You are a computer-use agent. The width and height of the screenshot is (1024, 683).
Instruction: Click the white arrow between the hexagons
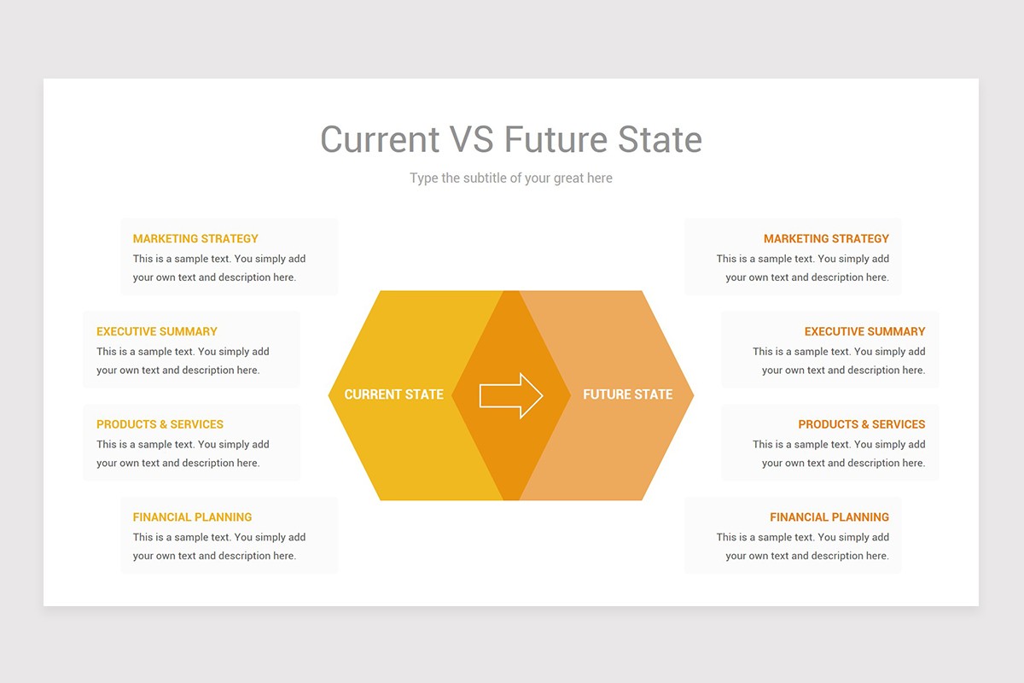click(x=511, y=395)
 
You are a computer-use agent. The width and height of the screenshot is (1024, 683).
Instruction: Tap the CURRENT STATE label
click(x=393, y=394)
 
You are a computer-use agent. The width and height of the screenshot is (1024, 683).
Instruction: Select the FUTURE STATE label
click(x=627, y=394)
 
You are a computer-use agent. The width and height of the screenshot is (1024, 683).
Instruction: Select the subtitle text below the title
click(x=510, y=178)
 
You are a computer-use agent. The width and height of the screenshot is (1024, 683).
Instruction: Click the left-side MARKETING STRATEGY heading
click(x=195, y=239)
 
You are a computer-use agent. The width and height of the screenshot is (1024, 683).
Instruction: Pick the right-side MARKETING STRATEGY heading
click(x=826, y=239)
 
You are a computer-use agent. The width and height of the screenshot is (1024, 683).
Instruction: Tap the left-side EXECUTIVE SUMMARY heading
click(x=157, y=331)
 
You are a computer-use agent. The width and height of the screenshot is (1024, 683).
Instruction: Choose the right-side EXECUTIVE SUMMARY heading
click(x=864, y=331)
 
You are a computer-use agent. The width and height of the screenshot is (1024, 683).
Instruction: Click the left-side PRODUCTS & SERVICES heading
click(x=160, y=424)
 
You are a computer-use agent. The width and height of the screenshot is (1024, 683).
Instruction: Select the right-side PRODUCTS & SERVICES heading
click(x=861, y=424)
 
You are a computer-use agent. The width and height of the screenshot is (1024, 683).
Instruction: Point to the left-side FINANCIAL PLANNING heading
click(x=192, y=517)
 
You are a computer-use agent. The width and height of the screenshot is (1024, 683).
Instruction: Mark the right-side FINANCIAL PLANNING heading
click(x=829, y=517)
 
